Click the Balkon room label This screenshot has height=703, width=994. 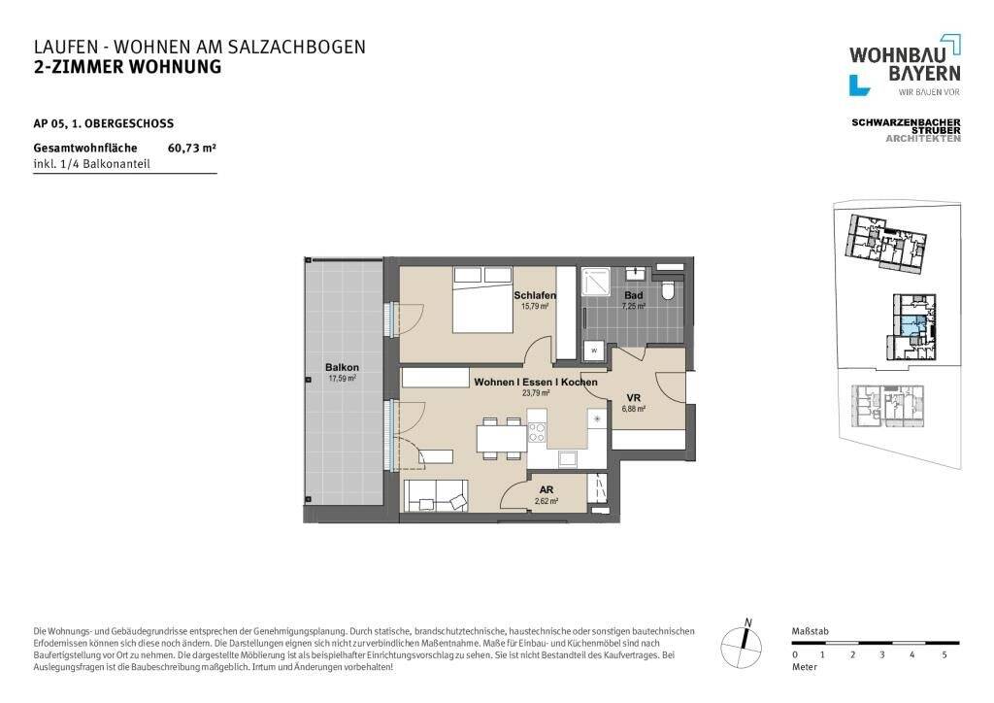(x=342, y=367)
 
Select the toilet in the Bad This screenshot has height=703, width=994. (x=668, y=288)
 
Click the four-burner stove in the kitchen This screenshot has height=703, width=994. (x=537, y=432)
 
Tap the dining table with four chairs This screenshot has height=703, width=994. (x=500, y=439)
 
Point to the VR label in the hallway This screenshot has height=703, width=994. (x=633, y=398)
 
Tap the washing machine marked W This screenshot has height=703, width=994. (x=594, y=349)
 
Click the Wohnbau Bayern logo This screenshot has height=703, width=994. (x=905, y=65)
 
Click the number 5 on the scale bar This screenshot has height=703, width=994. (x=944, y=655)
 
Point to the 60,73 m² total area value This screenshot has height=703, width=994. (x=192, y=149)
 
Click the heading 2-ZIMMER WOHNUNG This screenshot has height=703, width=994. (x=127, y=67)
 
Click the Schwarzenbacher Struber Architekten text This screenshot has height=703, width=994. (x=905, y=130)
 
